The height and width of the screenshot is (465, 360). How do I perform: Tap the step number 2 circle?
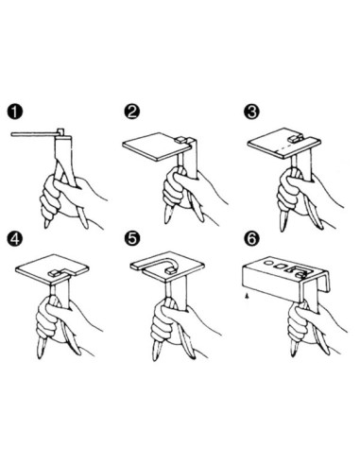pos(133,112)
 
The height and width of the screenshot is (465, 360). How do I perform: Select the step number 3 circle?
pos(251,112)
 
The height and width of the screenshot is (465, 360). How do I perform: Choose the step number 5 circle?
pos(133,235)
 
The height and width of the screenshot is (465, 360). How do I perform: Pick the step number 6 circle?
pos(251,235)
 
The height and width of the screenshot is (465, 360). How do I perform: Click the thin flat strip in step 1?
pos(38,135)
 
